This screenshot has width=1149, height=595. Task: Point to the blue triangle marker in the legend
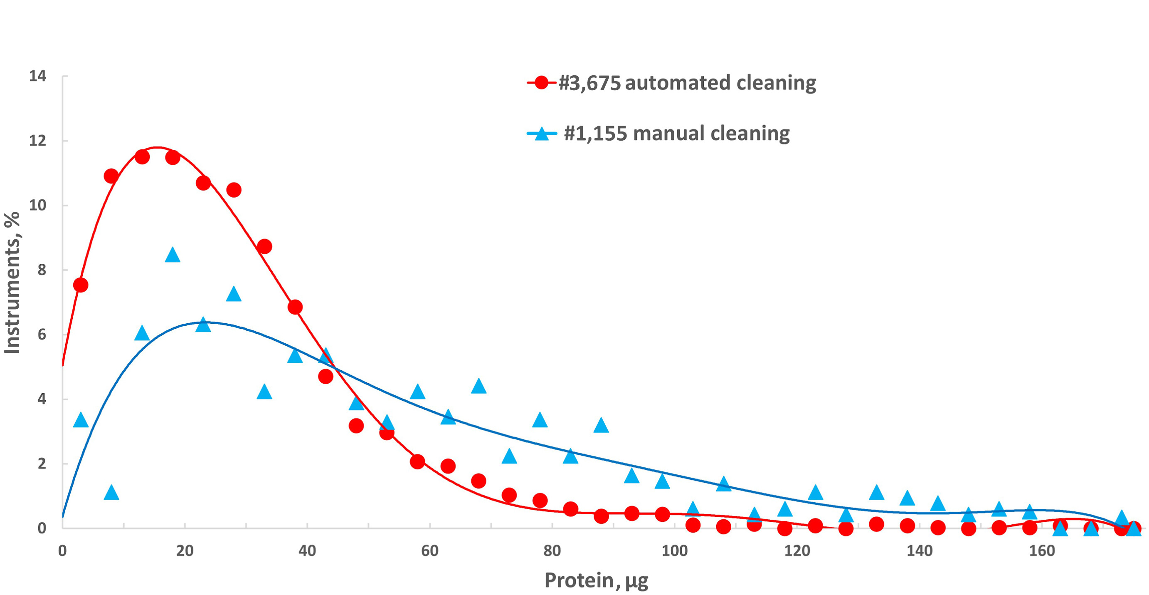pos(542,134)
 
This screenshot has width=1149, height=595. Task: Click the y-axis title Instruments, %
pos(12,283)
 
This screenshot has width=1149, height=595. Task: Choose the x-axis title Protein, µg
pos(596,580)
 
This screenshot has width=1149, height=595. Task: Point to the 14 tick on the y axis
pos(38,76)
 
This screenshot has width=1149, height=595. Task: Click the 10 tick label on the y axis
pos(38,205)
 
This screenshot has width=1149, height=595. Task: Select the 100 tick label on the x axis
pos(674,551)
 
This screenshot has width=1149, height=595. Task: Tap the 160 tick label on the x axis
pos(1042,551)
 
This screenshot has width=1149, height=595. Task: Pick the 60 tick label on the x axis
pos(429,551)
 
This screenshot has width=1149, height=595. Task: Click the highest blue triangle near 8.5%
pos(172,255)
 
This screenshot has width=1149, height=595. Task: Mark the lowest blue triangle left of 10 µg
pos(111,493)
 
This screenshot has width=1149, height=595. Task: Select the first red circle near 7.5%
pos(81,285)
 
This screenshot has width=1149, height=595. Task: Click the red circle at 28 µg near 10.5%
pos(234,190)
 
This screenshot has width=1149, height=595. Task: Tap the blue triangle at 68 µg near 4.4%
pos(478,386)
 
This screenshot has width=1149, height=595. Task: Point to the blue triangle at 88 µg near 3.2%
pos(601,425)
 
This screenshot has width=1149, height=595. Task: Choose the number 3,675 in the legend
pos(589,83)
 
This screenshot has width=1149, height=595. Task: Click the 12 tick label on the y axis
pos(38,141)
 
